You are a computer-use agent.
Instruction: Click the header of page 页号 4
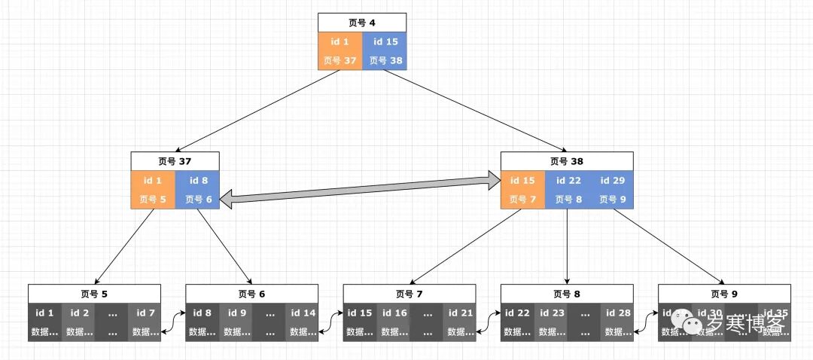tap(362, 22)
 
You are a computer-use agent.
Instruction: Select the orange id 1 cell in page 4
tap(340, 50)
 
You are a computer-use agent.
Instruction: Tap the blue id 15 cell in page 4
tap(385, 50)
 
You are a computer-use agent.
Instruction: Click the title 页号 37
tap(175, 161)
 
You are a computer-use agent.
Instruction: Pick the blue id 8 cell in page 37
tap(198, 190)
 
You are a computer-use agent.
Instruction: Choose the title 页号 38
tap(567, 161)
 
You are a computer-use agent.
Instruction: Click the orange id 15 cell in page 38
tap(523, 190)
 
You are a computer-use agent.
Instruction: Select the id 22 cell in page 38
tap(568, 190)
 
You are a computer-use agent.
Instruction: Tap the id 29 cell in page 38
tap(611, 190)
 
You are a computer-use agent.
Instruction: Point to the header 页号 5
tap(94, 294)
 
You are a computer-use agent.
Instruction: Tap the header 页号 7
tap(409, 294)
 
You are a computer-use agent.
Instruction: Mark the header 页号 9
tap(724, 294)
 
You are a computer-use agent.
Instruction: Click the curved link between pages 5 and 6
tap(173, 322)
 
